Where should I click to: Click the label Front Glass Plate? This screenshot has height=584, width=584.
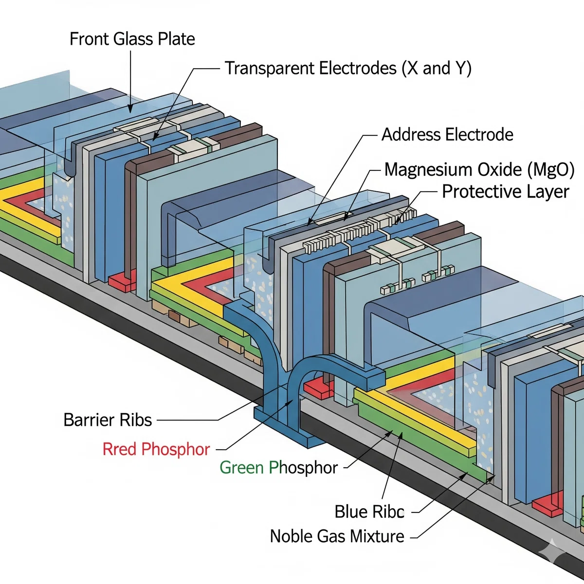tap(132, 39)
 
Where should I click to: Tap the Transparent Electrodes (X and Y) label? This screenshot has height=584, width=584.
tap(348, 68)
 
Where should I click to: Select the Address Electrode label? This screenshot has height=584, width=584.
tap(447, 134)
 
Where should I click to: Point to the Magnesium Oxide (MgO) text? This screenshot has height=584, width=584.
tap(479, 170)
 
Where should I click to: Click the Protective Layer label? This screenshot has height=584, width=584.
tap(506, 192)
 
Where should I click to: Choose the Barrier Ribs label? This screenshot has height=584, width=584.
tap(108, 420)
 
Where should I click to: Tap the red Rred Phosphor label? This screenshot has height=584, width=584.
tap(156, 449)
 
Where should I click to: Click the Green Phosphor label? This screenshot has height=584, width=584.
tap(278, 468)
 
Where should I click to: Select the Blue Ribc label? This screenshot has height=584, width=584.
tap(369, 512)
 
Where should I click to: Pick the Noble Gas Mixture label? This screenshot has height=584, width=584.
tap(337, 536)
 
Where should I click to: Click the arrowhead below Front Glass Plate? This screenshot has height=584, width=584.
tap(130, 109)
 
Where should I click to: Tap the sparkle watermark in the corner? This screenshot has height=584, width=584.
tap(552, 551)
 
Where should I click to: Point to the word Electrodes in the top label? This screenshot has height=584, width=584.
tap(358, 68)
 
